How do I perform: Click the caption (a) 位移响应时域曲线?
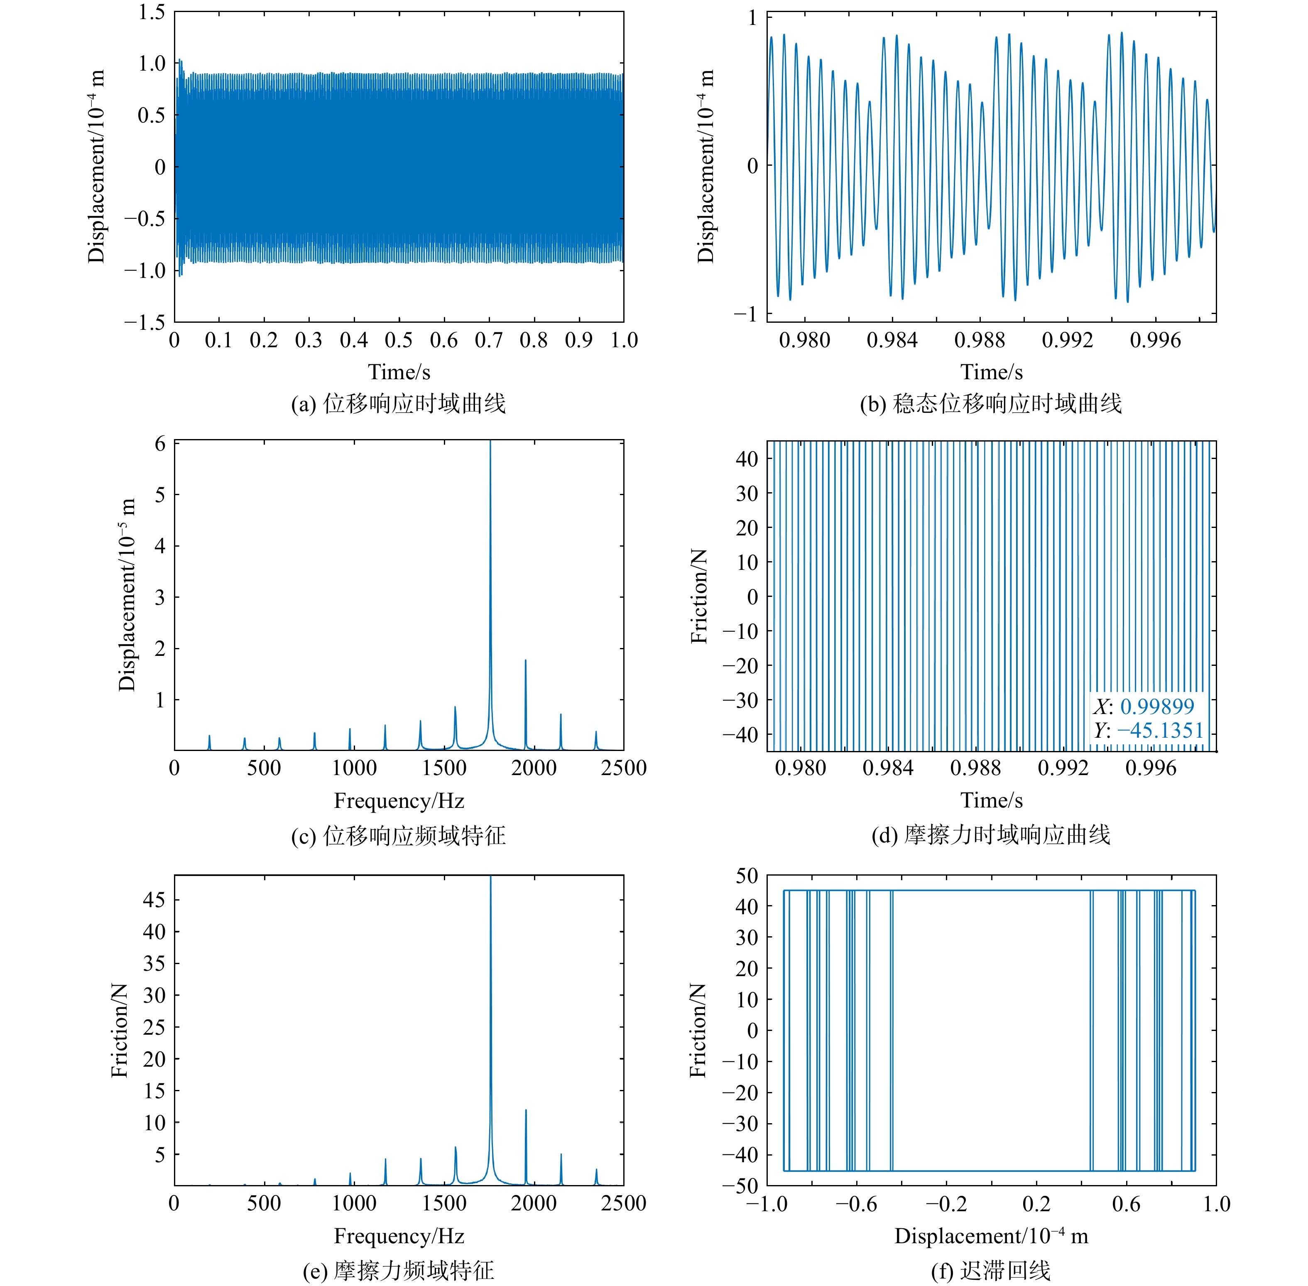click(x=398, y=404)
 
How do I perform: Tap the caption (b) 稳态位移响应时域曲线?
click(x=991, y=404)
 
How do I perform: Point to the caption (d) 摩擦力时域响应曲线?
click(x=991, y=835)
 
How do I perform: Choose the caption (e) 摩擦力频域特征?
click(x=398, y=1271)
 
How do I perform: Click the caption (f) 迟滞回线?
click(x=991, y=1271)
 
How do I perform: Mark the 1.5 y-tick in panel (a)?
click(x=152, y=12)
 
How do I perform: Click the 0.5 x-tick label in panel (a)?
click(x=398, y=340)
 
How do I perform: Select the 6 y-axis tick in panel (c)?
click(x=160, y=444)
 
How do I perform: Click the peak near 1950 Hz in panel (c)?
click(x=525, y=662)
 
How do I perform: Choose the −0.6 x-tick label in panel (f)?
click(x=856, y=1204)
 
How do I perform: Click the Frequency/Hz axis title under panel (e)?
click(x=398, y=1236)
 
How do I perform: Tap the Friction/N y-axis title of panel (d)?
click(x=699, y=596)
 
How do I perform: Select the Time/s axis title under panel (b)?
click(x=991, y=371)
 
